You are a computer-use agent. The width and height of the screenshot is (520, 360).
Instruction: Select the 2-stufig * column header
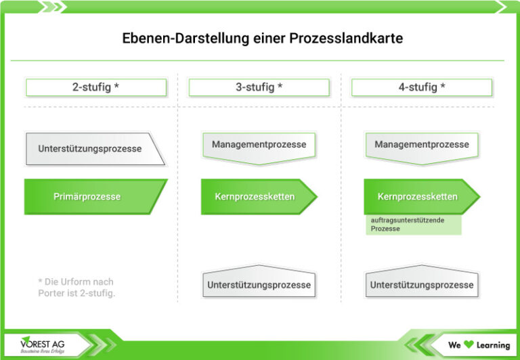(95, 87)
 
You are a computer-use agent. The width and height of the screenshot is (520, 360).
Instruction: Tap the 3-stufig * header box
(259, 87)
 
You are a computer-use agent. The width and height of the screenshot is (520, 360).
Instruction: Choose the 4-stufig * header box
(421, 87)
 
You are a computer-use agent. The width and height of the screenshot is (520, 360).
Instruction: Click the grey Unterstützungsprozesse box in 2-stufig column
(91, 149)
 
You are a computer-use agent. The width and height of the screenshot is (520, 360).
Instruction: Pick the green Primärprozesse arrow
(88, 197)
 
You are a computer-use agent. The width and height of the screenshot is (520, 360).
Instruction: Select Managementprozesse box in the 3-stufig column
(259, 145)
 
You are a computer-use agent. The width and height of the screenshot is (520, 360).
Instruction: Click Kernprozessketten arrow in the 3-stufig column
(255, 197)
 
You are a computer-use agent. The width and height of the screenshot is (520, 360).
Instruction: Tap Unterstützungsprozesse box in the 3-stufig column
(259, 284)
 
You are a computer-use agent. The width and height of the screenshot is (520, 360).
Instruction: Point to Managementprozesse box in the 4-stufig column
(421, 145)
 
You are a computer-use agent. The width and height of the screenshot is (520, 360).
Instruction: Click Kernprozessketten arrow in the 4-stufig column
(418, 197)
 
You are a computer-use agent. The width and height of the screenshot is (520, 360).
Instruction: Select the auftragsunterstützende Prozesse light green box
(413, 225)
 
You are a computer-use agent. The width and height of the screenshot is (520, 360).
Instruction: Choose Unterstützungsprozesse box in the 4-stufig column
(421, 284)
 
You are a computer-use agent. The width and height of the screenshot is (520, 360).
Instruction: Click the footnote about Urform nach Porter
(77, 287)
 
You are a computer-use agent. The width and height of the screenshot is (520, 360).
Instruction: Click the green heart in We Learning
(468, 345)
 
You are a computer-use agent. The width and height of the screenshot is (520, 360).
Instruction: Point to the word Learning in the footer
(492, 345)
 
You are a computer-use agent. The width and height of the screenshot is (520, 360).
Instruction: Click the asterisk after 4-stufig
(443, 87)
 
